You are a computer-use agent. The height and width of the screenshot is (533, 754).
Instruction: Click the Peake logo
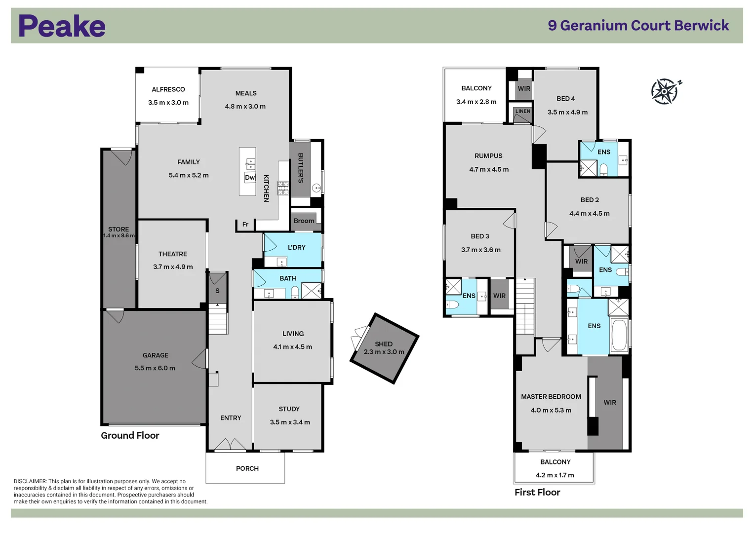point(62,26)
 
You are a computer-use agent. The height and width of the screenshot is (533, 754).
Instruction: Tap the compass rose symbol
point(665,91)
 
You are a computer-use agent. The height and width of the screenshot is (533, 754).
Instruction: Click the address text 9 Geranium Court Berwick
point(638,26)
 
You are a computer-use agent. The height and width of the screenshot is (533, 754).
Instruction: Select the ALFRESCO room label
point(168,89)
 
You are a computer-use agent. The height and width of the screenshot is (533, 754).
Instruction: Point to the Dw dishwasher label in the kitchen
point(250,178)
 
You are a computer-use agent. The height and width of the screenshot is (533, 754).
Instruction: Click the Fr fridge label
point(245,225)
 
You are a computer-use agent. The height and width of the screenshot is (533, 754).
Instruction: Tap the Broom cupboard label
point(304,221)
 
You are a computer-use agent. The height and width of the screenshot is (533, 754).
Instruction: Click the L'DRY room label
point(296,247)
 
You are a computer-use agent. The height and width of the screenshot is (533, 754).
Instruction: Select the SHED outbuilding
point(384,348)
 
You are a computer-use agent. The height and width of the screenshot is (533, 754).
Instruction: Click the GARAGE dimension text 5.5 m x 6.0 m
point(155,368)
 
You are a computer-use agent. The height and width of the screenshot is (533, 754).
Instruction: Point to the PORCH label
point(247,468)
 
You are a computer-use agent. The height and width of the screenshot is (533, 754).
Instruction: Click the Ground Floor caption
point(130,435)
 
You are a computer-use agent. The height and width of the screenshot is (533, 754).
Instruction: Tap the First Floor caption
point(537,492)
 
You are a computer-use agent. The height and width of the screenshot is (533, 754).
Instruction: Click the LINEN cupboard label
point(522,111)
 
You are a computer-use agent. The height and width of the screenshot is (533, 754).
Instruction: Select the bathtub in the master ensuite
point(619,335)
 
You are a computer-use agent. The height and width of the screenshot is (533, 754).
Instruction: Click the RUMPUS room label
point(488,156)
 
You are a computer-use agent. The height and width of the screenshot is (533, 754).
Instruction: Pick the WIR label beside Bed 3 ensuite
point(499,296)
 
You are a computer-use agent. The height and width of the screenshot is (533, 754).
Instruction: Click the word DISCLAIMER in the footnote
point(30,481)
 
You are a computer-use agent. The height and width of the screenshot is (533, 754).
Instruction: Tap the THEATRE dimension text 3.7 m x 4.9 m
point(173,267)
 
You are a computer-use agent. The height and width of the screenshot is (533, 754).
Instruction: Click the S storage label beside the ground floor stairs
point(217,291)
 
